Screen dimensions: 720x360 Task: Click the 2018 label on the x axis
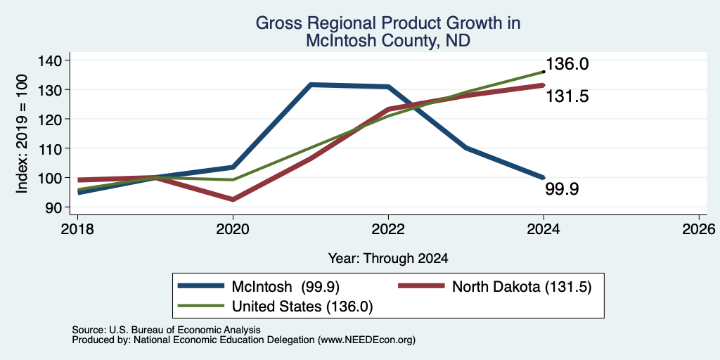(77, 229)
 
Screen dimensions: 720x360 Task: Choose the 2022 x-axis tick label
(388, 229)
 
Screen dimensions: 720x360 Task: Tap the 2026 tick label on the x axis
(699, 229)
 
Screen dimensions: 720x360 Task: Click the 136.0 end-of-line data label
(567, 64)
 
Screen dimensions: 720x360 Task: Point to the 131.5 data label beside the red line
(567, 96)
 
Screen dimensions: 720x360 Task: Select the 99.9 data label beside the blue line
(562, 188)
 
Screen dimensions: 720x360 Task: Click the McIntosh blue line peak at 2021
(311, 85)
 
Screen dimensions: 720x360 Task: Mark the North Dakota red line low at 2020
(233, 199)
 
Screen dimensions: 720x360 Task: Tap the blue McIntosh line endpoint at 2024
(544, 177)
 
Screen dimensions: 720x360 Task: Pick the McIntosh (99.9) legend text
(285, 287)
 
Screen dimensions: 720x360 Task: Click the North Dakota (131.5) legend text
(522, 287)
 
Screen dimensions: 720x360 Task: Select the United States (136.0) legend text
(302, 307)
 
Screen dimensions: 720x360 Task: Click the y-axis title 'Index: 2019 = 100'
(22, 134)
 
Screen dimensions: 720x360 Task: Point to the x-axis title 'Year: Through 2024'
(388, 259)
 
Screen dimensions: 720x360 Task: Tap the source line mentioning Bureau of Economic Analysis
(166, 330)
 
